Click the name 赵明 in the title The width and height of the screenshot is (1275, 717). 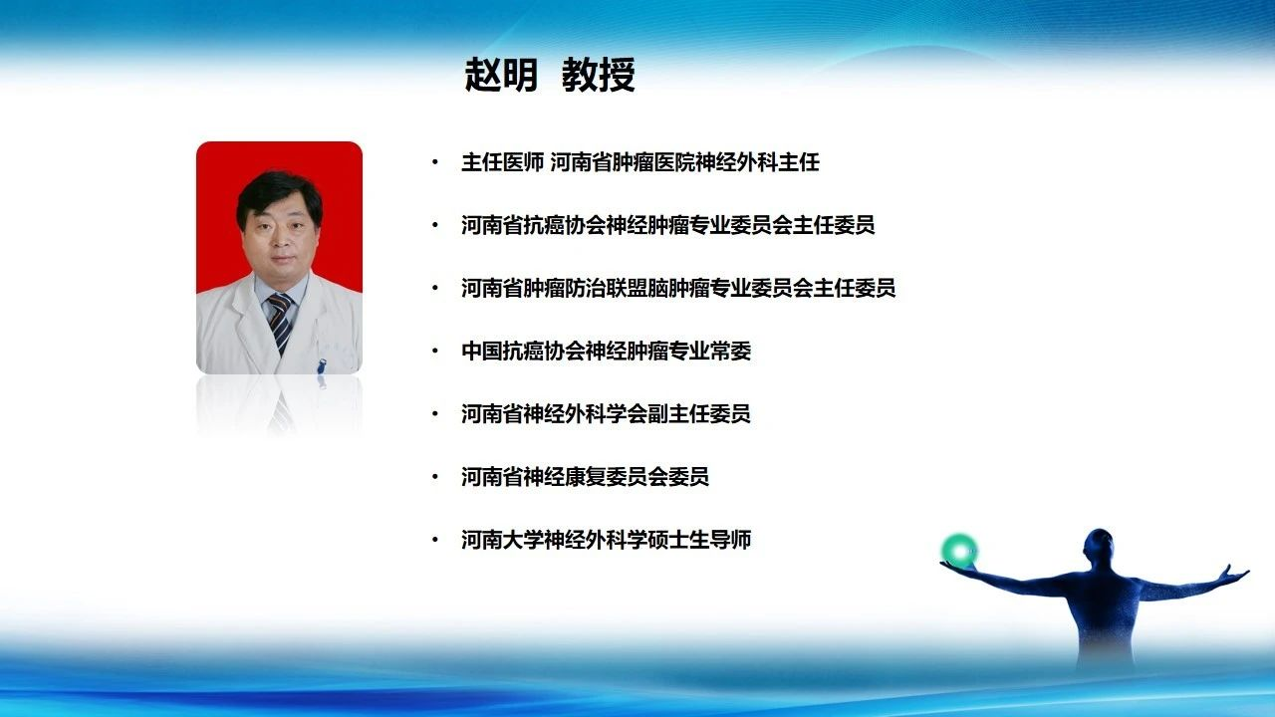point(501,75)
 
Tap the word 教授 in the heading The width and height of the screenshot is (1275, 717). point(599,75)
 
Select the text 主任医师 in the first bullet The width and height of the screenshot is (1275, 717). point(503,162)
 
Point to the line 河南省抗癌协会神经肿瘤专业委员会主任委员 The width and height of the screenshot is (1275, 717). point(668,225)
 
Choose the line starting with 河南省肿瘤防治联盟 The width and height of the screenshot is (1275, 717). point(678,288)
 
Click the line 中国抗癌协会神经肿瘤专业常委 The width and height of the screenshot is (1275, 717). point(607,351)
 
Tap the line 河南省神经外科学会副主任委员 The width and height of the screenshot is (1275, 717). point(607,413)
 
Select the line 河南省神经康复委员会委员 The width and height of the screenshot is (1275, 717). point(585,476)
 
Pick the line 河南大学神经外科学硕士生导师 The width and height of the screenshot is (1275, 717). point(607,540)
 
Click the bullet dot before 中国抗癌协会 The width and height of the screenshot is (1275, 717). point(435,352)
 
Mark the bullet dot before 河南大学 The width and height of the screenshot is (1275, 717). point(435,540)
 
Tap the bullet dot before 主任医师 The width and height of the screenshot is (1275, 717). point(435,162)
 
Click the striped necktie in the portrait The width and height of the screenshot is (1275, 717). point(281,322)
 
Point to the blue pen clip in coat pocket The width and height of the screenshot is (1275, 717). point(321,365)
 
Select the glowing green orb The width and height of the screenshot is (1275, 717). point(960,551)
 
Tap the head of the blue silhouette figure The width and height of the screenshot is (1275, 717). point(1098,548)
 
